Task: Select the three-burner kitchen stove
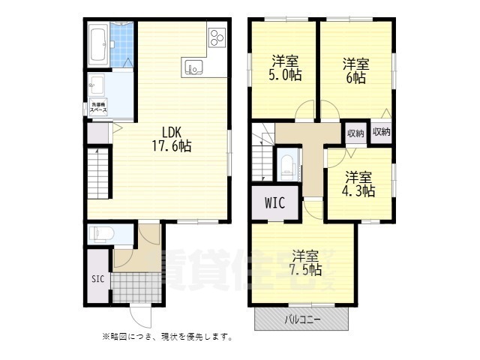pyautogui.click(x=217, y=37)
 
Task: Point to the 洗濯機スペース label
pyautogui.click(x=98, y=106)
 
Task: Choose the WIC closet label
pyautogui.click(x=267, y=202)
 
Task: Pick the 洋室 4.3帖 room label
pyautogui.click(x=359, y=184)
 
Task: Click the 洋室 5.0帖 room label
pyautogui.click(x=286, y=67)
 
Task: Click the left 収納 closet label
pyautogui.click(x=355, y=133)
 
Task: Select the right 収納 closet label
pyautogui.click(x=380, y=133)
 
